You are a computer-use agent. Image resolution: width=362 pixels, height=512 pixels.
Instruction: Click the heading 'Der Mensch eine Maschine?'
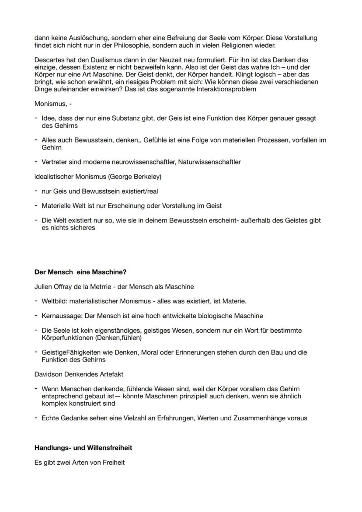[80, 272]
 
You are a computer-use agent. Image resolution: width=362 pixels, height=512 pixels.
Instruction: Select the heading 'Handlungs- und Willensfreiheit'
[83, 448]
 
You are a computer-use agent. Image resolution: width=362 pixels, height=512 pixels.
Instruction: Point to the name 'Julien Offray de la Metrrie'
[74, 287]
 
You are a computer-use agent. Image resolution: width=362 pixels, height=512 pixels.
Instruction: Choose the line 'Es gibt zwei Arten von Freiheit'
[79, 462]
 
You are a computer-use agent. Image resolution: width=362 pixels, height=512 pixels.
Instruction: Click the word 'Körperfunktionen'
[68, 338]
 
